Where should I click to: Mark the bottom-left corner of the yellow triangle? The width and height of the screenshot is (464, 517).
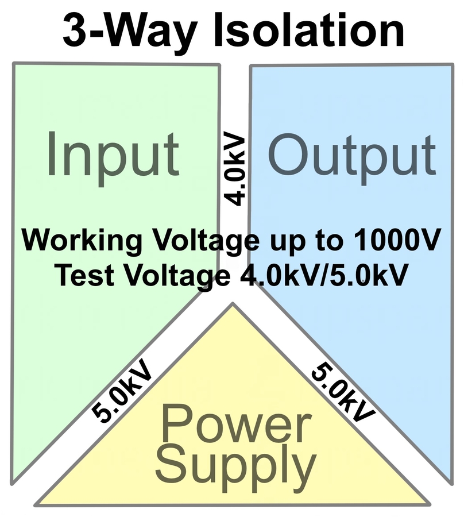click(x=36, y=504)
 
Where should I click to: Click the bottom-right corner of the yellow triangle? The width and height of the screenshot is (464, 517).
click(x=429, y=504)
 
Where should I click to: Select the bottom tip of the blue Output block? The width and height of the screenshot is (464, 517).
click(x=451, y=481)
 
